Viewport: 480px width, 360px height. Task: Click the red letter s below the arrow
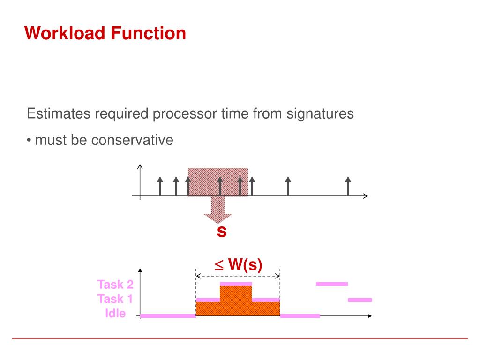[x=222, y=232]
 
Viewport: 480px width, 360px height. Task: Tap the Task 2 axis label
[x=115, y=285]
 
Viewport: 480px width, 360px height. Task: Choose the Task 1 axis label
[x=115, y=299]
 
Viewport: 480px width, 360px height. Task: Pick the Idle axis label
[x=115, y=313]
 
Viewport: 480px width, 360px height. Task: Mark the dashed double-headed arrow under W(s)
[x=238, y=275]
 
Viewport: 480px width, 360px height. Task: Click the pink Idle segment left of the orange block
[x=168, y=316]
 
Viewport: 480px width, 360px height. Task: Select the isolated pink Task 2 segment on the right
[x=332, y=284]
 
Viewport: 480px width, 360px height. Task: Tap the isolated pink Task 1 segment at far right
[x=360, y=300]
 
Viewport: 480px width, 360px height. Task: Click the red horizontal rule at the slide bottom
[x=240, y=338]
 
